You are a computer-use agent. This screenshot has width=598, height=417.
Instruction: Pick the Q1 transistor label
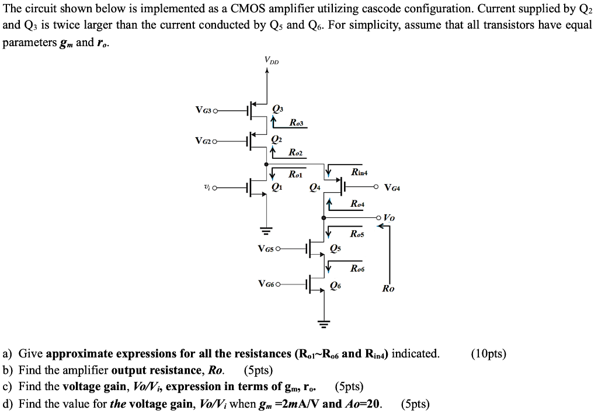pyautogui.click(x=277, y=187)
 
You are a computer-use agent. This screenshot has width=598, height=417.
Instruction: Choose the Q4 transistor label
pyautogui.click(x=315, y=187)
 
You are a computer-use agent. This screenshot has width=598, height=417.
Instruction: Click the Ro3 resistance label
pyautogui.click(x=296, y=122)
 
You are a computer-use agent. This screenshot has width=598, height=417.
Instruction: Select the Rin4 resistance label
pyautogui.click(x=359, y=172)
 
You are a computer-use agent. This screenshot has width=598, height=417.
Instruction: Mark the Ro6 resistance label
pyautogui.click(x=357, y=268)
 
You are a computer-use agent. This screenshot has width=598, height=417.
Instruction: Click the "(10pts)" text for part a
pyautogui.click(x=488, y=354)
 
